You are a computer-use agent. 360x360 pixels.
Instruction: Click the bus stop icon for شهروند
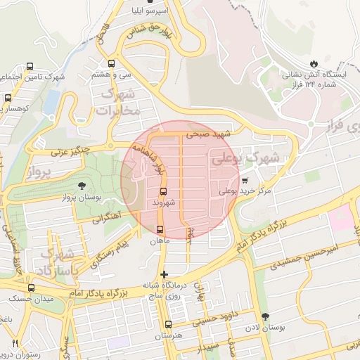(x=163, y=191)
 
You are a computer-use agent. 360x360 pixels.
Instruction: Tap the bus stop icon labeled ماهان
(x=160, y=229)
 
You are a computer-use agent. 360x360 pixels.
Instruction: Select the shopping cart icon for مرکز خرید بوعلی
(x=244, y=181)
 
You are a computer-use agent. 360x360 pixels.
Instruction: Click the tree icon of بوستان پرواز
(x=84, y=186)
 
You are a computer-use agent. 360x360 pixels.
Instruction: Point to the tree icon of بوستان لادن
(x=265, y=316)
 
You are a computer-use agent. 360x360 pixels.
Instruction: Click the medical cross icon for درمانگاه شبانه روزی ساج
(x=164, y=274)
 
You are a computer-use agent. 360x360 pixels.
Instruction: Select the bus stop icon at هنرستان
(x=167, y=324)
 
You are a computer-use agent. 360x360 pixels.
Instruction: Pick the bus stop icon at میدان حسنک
(x=30, y=288)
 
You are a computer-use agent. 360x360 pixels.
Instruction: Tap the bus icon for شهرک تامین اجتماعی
(x=30, y=67)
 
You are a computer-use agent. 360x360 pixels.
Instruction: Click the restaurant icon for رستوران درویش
(x=15, y=343)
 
